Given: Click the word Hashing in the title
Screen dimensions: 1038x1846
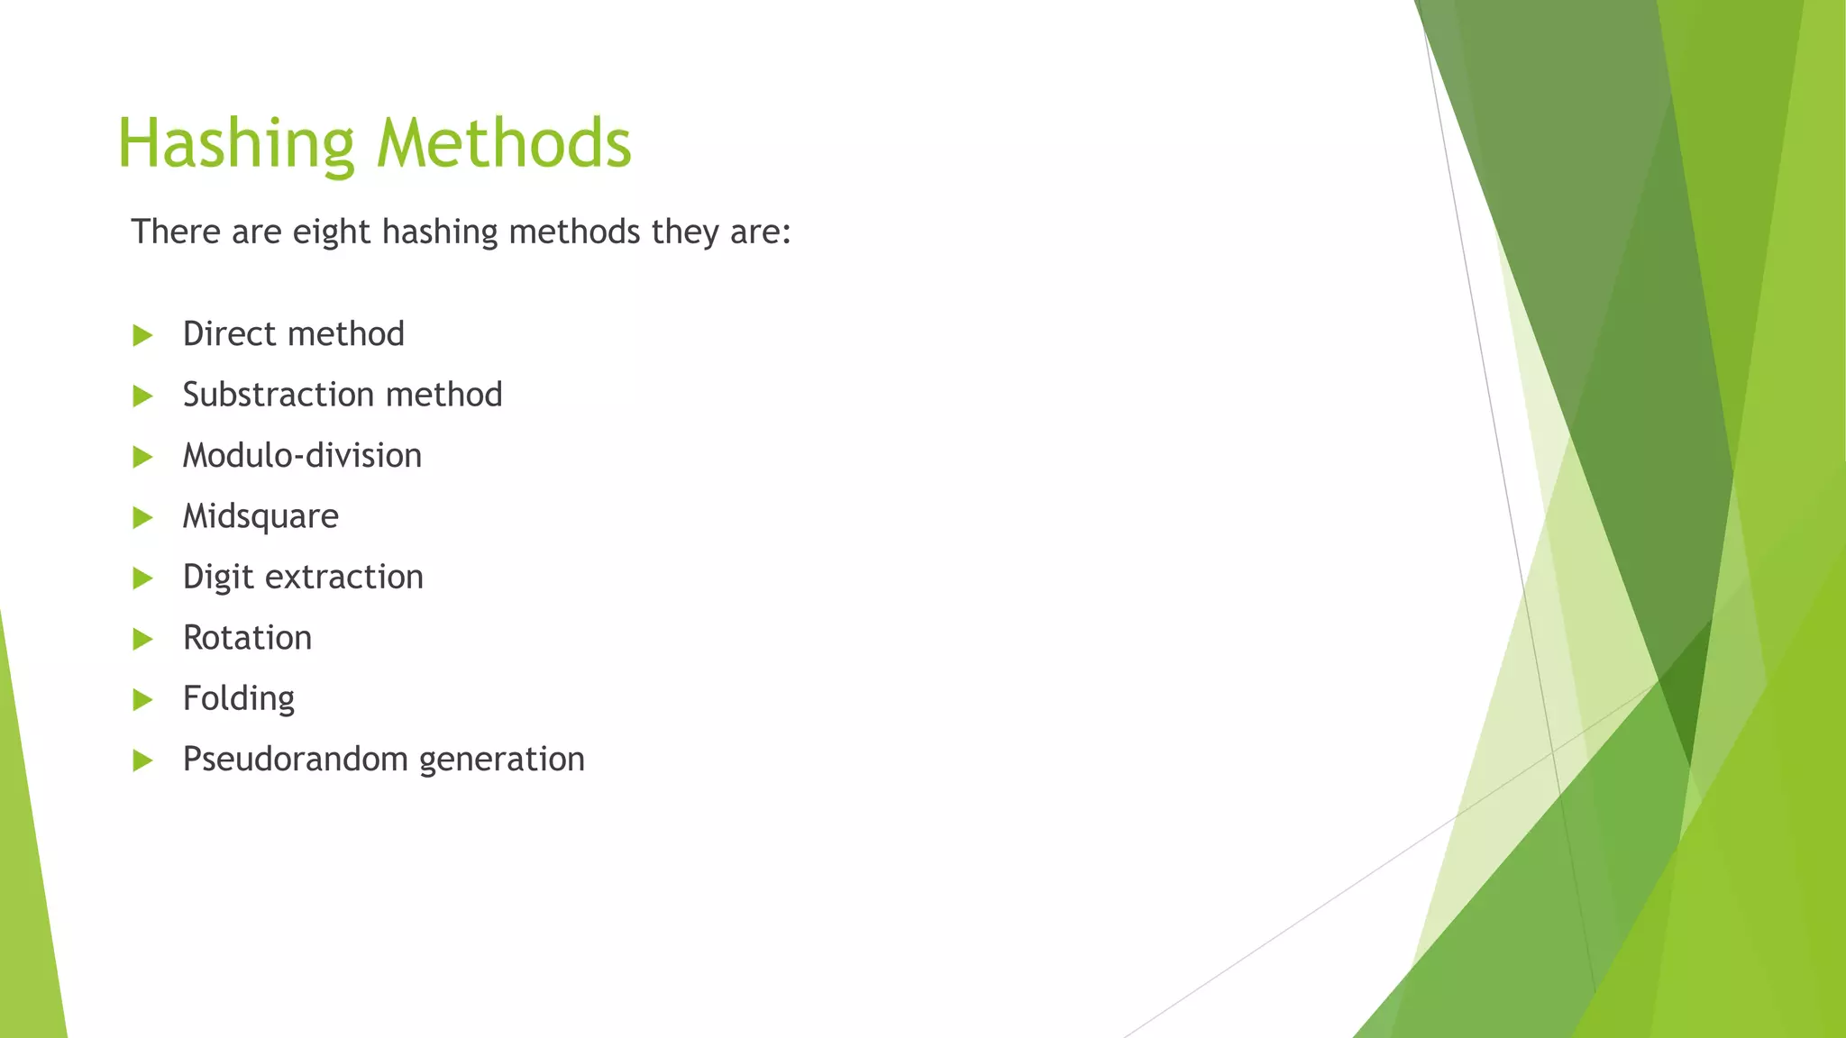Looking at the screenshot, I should click(236, 144).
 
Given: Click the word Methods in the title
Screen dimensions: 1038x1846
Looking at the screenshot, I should click(504, 144).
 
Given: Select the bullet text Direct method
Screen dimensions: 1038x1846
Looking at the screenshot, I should click(293, 334).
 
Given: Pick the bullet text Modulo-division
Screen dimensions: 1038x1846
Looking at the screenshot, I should click(302, 456).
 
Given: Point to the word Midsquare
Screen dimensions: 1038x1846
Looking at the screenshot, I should click(260, 516).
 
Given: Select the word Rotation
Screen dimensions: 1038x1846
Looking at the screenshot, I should click(247, 638).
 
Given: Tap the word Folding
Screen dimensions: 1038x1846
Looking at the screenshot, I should click(238, 699).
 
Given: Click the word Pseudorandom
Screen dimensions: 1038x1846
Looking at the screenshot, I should click(295, 760).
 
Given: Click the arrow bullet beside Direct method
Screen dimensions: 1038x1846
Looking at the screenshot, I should click(142, 336).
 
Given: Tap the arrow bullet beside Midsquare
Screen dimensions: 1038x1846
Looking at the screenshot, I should click(142, 518).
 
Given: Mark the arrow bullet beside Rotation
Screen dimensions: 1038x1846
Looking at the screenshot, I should click(142, 640).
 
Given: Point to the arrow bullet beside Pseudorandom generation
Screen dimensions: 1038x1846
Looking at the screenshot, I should click(142, 761).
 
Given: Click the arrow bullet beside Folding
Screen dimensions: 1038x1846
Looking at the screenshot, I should click(142, 700).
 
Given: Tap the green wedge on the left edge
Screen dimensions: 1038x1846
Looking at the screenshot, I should click(27, 901).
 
